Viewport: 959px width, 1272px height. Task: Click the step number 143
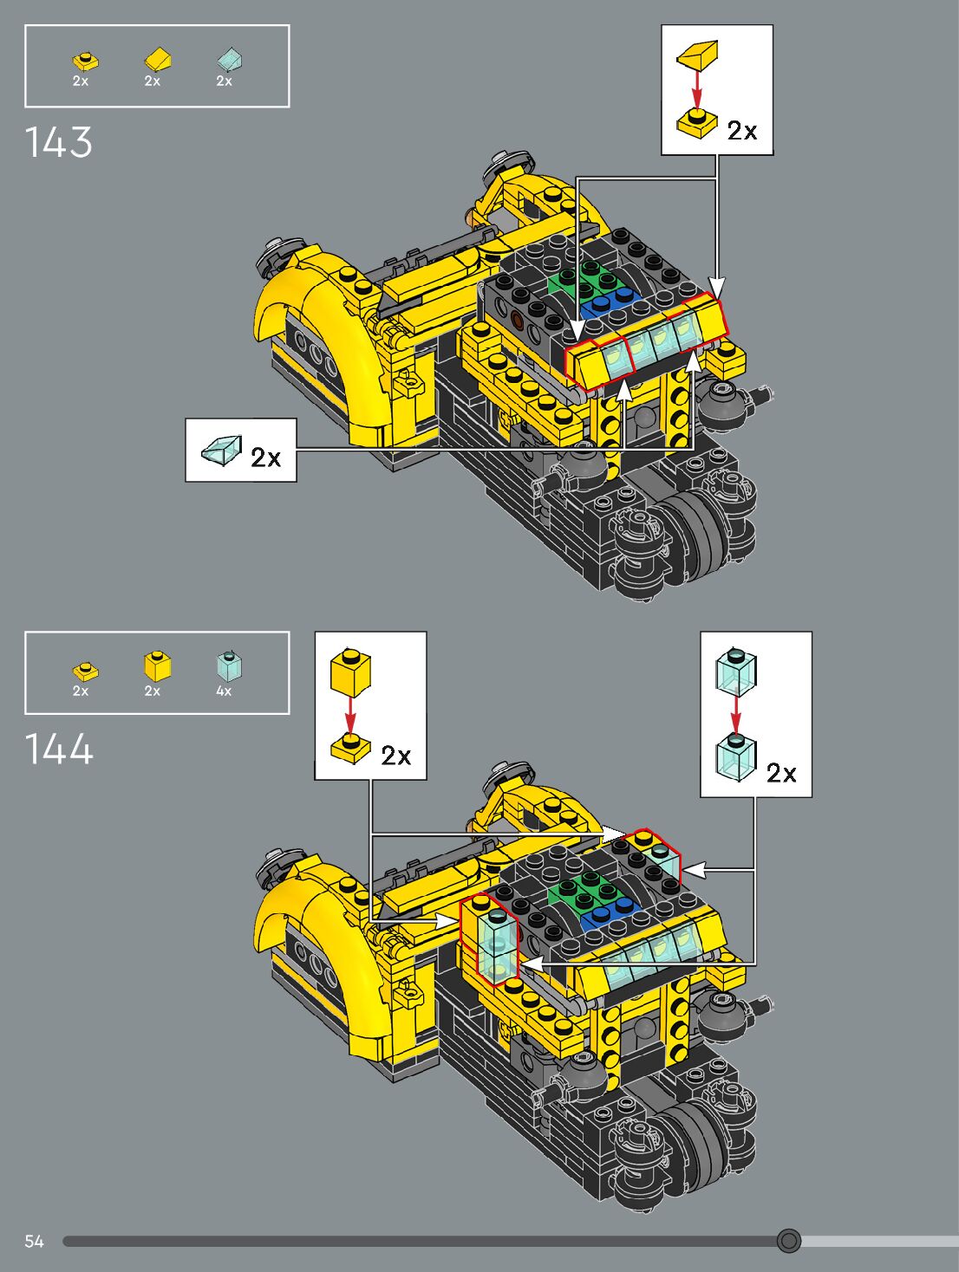(58, 142)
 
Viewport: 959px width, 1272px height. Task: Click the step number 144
(59, 748)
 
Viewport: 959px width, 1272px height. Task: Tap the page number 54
(34, 1241)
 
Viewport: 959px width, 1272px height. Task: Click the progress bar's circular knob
(788, 1241)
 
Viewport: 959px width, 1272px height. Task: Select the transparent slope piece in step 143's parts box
(230, 59)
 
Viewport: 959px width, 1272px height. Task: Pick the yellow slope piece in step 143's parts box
(158, 59)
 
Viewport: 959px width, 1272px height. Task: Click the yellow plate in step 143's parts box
(85, 61)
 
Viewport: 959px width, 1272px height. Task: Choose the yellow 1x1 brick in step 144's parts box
(157, 665)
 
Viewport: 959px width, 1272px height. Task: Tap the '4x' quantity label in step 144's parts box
(224, 691)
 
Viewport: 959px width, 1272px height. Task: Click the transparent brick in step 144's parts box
(229, 665)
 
